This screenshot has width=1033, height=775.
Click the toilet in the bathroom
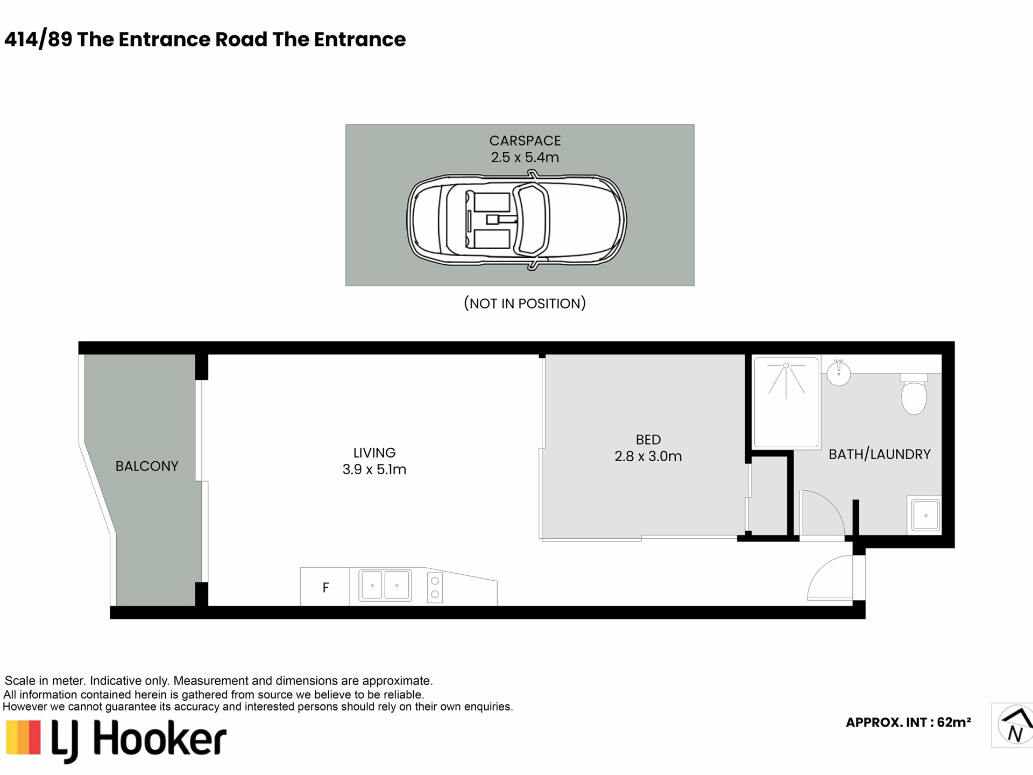[914, 394]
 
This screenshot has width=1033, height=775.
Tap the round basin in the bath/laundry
[838, 372]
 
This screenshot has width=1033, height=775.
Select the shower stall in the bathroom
[787, 402]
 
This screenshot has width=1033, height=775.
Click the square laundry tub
[925, 515]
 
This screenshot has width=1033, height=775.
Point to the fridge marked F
[325, 587]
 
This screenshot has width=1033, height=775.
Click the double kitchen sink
[385, 585]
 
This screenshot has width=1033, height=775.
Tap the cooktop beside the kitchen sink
[435, 587]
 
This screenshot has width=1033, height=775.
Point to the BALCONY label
[147, 466]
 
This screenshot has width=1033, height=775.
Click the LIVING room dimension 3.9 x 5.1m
[374, 469]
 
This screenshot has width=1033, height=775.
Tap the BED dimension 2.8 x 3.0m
[648, 456]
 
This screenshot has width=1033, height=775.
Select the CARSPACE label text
[525, 140]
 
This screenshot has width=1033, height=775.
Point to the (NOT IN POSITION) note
[525, 304]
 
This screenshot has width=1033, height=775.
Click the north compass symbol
[1015, 725]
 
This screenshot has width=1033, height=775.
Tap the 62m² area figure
[954, 722]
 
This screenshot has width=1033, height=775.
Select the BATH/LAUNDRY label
[879, 454]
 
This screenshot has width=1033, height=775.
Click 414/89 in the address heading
[38, 39]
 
